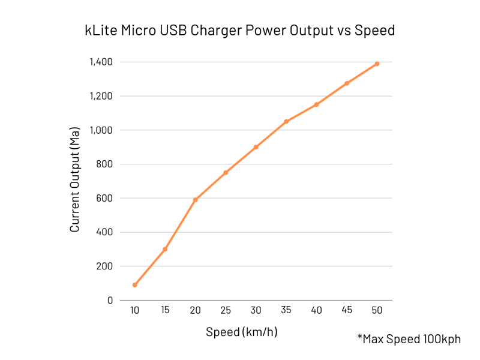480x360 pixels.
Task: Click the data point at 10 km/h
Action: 134,285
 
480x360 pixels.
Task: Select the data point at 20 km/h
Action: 195,200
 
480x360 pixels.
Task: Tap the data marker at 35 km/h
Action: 286,122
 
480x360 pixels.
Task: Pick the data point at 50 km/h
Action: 377,64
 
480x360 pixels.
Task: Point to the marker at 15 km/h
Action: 165,249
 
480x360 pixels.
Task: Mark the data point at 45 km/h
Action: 347,83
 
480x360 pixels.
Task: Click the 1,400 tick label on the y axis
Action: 101,62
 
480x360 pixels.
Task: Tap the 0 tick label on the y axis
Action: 110,300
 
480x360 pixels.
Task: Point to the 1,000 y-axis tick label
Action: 101,130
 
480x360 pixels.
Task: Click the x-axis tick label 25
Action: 226,310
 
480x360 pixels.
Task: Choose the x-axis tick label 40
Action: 316,310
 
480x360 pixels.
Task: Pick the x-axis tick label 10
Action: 134,310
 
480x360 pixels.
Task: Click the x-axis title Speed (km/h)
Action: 242,332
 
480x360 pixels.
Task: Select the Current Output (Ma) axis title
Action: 75,180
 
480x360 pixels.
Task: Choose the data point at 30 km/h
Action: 256,147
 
